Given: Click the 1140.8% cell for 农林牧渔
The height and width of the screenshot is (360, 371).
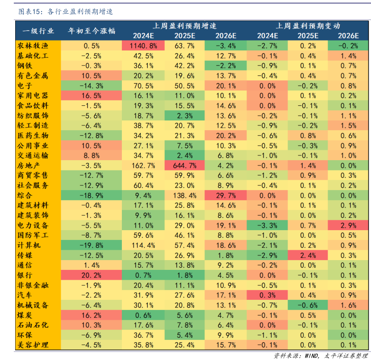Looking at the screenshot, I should pos(143,46).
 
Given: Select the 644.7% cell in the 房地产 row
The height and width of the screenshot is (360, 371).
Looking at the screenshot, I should pos(184,166).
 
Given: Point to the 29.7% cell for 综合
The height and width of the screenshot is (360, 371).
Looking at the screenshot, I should pos(225,195).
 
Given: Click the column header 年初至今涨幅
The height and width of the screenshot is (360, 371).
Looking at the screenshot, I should pos(92,31).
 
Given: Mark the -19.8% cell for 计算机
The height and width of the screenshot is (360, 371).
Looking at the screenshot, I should pos(92,245).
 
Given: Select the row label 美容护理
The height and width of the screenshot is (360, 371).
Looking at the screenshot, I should pos(33,345).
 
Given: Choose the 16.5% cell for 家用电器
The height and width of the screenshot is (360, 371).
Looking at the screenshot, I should pos(92,95).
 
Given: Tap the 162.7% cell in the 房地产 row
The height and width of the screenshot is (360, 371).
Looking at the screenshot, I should pos(143,166).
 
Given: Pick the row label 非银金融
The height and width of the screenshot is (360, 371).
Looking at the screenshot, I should pos(33,285).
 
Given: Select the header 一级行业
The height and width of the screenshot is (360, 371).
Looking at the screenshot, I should pos(33,31).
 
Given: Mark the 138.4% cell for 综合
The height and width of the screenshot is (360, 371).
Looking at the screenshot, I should pos(184,195).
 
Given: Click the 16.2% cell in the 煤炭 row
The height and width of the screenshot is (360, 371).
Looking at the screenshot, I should pos(92,315).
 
